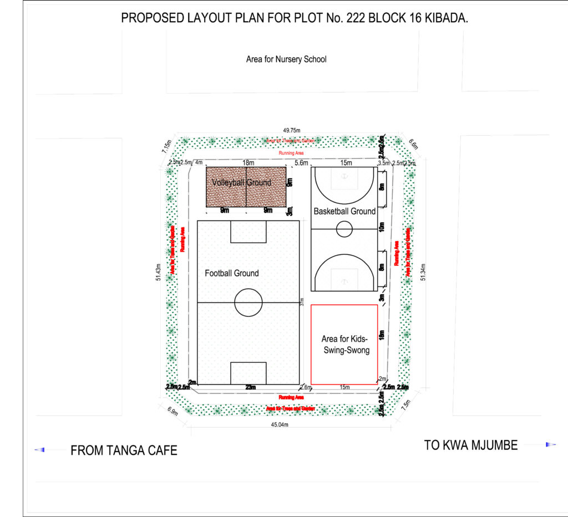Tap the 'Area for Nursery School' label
pos(286,59)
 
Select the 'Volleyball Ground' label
pos(241,182)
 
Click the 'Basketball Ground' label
pos(344,211)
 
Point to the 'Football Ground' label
pos(231,273)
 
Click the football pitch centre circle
pos(248,303)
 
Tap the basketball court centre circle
pos(344,229)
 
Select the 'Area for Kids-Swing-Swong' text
pos(345,344)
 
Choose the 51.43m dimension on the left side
pos(159,274)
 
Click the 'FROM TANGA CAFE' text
pos(124,451)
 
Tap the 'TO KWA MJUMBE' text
pos(471,445)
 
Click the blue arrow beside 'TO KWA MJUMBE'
pos(550,444)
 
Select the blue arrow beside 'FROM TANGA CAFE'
pos(39,450)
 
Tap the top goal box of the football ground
pos(248,232)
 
